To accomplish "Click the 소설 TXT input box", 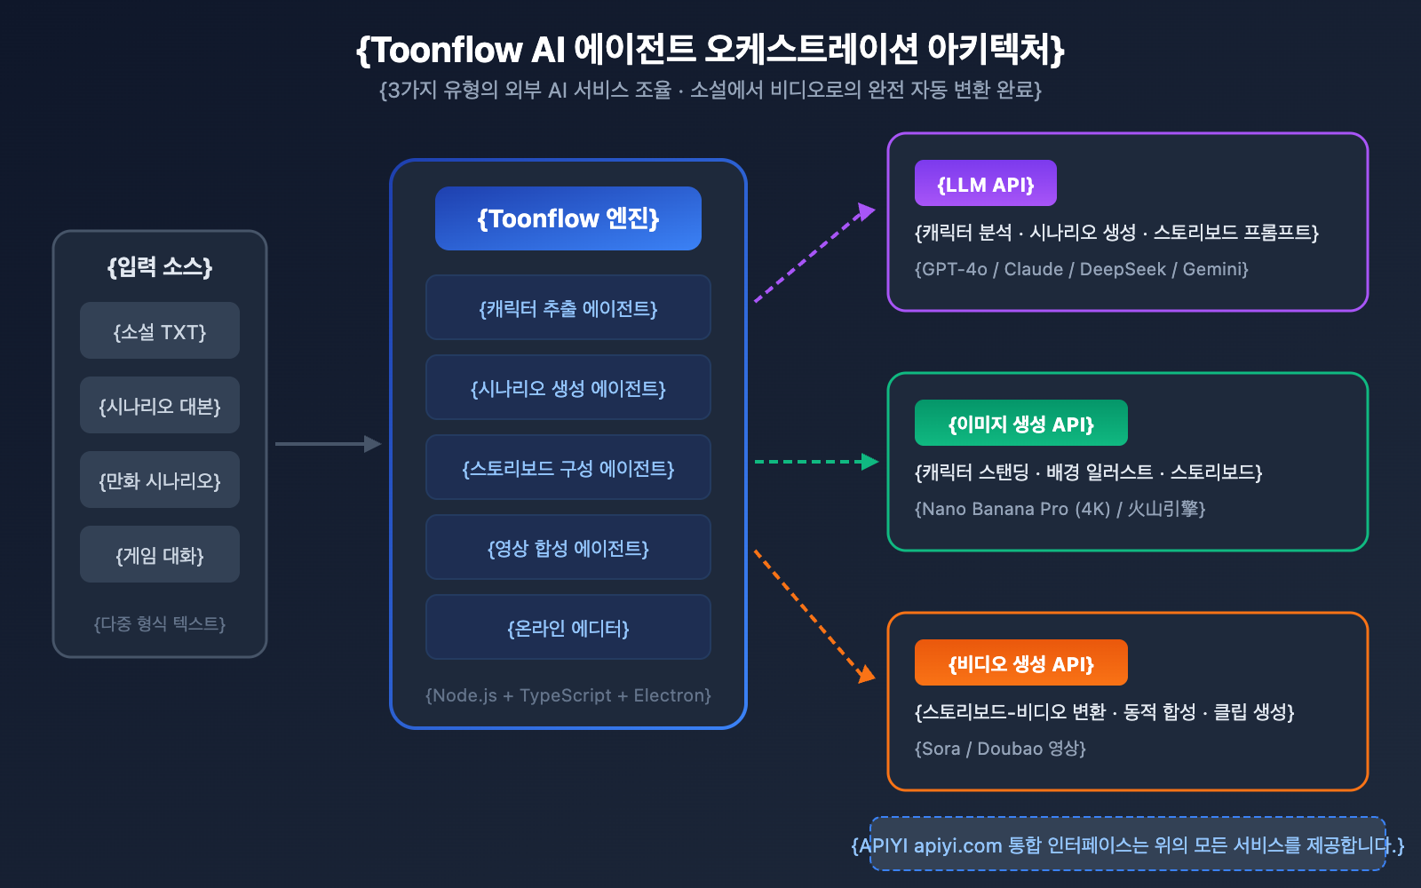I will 160,331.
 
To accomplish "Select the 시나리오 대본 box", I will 160,406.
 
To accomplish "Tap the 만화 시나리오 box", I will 160,480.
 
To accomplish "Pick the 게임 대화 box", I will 160,555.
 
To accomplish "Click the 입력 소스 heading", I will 160,266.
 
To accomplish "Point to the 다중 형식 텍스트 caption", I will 160,623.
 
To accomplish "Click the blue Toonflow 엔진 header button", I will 568,218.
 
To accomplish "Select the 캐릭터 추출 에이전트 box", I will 568,308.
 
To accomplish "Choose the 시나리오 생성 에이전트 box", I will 568,388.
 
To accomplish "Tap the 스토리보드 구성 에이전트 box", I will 568,468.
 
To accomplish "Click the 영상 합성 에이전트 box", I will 568,548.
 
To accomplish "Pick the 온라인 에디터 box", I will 568,628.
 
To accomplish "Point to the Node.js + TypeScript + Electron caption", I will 568,695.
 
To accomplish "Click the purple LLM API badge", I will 986,184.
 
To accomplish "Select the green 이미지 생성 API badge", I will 1021,424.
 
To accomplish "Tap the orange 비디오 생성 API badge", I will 1021,663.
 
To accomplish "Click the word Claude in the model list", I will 1033,269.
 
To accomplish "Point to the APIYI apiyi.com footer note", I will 1128,844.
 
